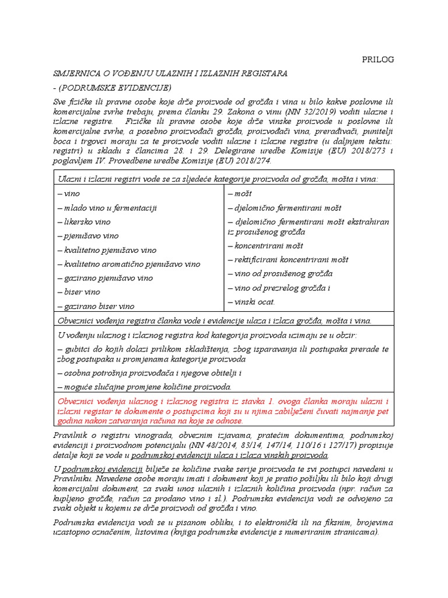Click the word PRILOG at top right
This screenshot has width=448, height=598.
pyautogui.click(x=378, y=60)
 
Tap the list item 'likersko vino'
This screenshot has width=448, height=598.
pyautogui.click(x=84, y=222)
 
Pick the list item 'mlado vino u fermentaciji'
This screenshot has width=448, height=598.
pyautogui.click(x=107, y=208)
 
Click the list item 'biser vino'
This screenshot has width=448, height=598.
pyautogui.click(x=79, y=292)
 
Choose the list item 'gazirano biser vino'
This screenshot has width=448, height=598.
pyautogui.click(x=96, y=306)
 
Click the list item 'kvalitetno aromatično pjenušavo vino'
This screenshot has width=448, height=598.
pyautogui.click(x=129, y=264)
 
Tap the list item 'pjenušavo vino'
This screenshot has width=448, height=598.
pyautogui.click(x=88, y=236)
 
